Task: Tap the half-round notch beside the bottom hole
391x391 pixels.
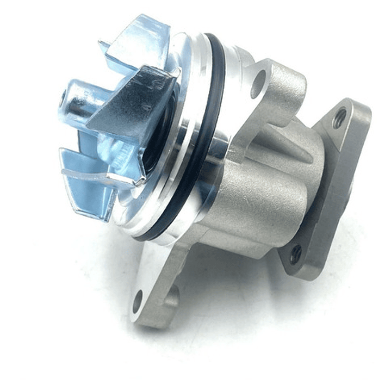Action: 173,296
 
